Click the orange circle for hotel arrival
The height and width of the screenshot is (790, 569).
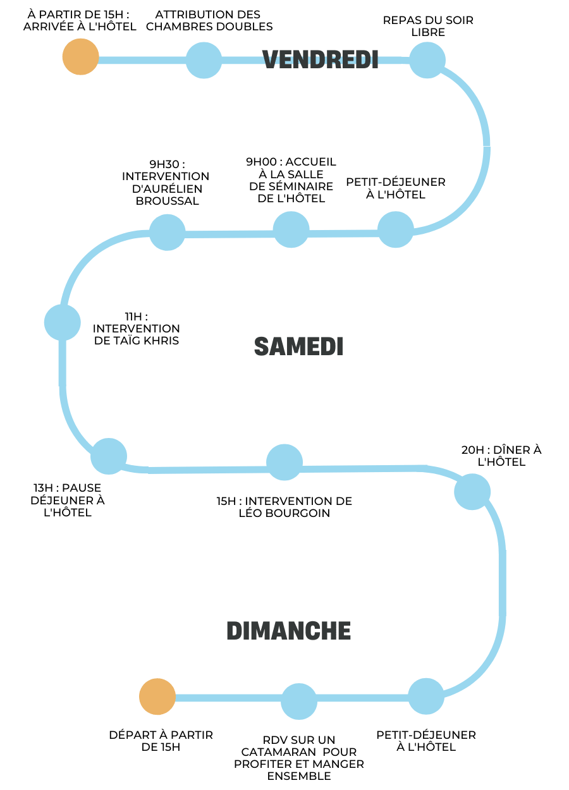click(x=80, y=57)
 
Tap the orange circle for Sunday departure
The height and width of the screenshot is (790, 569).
click(x=157, y=697)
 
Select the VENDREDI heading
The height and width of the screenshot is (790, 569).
click(x=320, y=59)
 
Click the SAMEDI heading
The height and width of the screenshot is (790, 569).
click(x=298, y=346)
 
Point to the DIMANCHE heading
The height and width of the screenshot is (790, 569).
click(x=289, y=631)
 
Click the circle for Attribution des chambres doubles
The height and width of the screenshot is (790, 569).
click(x=204, y=60)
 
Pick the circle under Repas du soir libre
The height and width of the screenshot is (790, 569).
click(x=427, y=60)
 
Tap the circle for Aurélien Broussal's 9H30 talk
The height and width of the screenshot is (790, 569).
click(x=167, y=232)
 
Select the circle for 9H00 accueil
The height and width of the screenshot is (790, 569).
click(x=291, y=230)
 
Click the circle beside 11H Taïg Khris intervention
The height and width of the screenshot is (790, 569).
click(x=63, y=322)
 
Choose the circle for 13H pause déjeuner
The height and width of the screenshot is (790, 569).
click(x=109, y=456)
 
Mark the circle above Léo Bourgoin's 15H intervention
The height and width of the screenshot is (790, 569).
click(x=284, y=463)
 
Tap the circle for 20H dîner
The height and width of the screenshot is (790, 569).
click(x=472, y=492)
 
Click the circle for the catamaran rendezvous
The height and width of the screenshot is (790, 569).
click(x=299, y=702)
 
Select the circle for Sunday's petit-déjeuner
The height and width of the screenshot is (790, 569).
click(x=426, y=696)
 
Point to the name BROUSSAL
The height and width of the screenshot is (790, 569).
click(x=168, y=201)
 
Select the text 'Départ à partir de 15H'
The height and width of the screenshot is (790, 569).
click(x=161, y=741)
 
